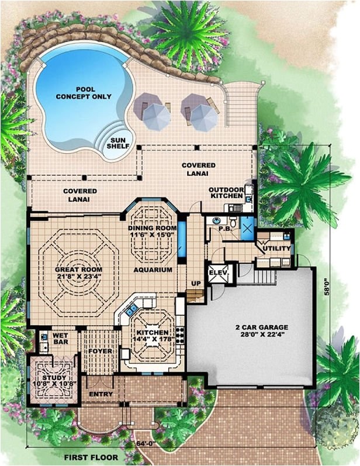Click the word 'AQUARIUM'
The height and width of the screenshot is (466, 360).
152,270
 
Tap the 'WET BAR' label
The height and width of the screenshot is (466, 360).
61,339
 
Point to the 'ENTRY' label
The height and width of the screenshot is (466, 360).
101,394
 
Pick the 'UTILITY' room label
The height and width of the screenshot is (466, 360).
276,249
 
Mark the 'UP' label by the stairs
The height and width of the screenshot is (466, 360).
196,283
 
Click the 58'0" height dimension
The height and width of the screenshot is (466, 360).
334,290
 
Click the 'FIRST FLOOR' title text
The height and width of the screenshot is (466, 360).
91,457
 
